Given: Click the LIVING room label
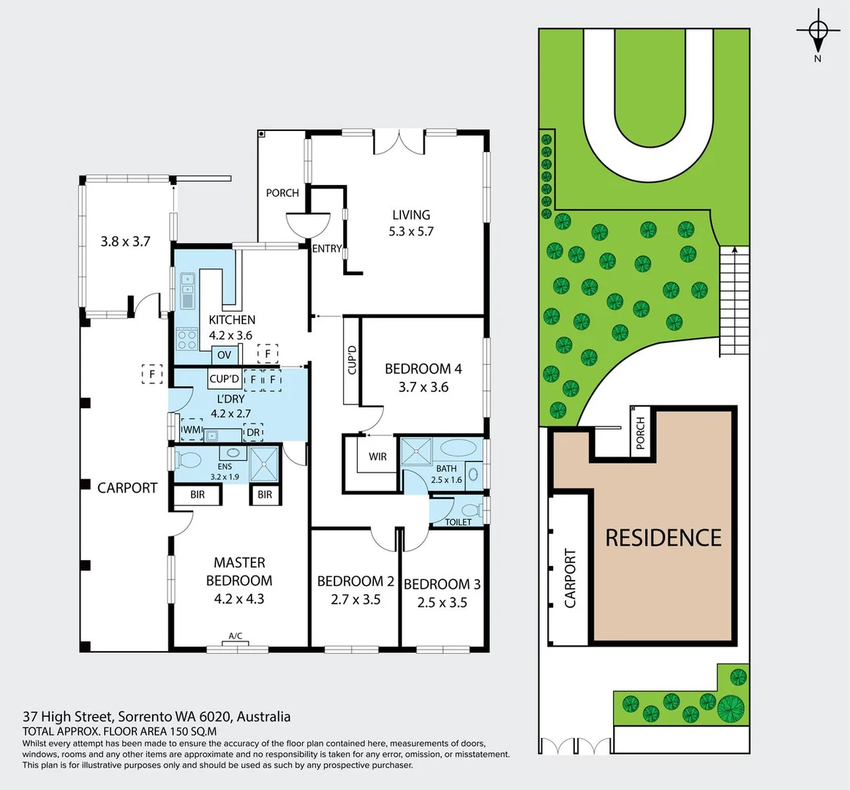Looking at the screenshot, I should (x=411, y=214).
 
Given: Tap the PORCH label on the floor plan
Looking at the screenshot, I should (x=282, y=192).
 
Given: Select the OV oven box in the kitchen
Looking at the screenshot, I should (x=225, y=355).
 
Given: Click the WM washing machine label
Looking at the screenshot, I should (x=192, y=430).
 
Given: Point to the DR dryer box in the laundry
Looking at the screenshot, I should (x=253, y=432).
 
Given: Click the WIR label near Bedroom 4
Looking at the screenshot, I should (x=377, y=456).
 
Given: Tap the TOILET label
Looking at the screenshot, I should (x=459, y=522).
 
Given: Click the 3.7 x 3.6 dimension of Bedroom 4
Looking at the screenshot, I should (x=424, y=387).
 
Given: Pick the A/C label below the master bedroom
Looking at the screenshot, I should (x=236, y=636).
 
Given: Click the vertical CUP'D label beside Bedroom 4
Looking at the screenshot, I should (x=352, y=360).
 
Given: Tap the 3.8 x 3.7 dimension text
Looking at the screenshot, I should (x=125, y=241).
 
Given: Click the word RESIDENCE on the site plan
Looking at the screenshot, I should (x=663, y=538).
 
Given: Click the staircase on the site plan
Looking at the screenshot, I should (x=734, y=300).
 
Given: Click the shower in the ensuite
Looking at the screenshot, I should (x=264, y=462).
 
